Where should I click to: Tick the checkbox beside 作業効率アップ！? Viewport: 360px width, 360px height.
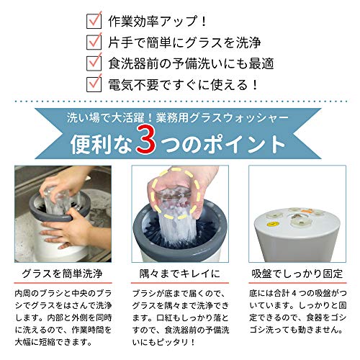94,22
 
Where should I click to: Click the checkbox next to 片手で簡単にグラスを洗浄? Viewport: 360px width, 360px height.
94,42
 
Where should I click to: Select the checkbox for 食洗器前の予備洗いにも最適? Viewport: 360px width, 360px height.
94,63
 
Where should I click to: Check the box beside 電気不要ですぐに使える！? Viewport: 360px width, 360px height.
94,84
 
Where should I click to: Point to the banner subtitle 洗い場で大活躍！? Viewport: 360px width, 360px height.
109,118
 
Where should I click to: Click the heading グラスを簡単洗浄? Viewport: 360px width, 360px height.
63,274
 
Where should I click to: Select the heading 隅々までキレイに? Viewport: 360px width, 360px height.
179,274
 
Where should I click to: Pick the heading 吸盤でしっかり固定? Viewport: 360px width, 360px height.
297,274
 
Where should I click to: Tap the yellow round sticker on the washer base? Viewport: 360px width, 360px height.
271,225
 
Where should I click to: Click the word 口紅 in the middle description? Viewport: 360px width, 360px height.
164,318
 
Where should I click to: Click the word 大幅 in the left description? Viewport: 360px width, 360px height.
23,342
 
